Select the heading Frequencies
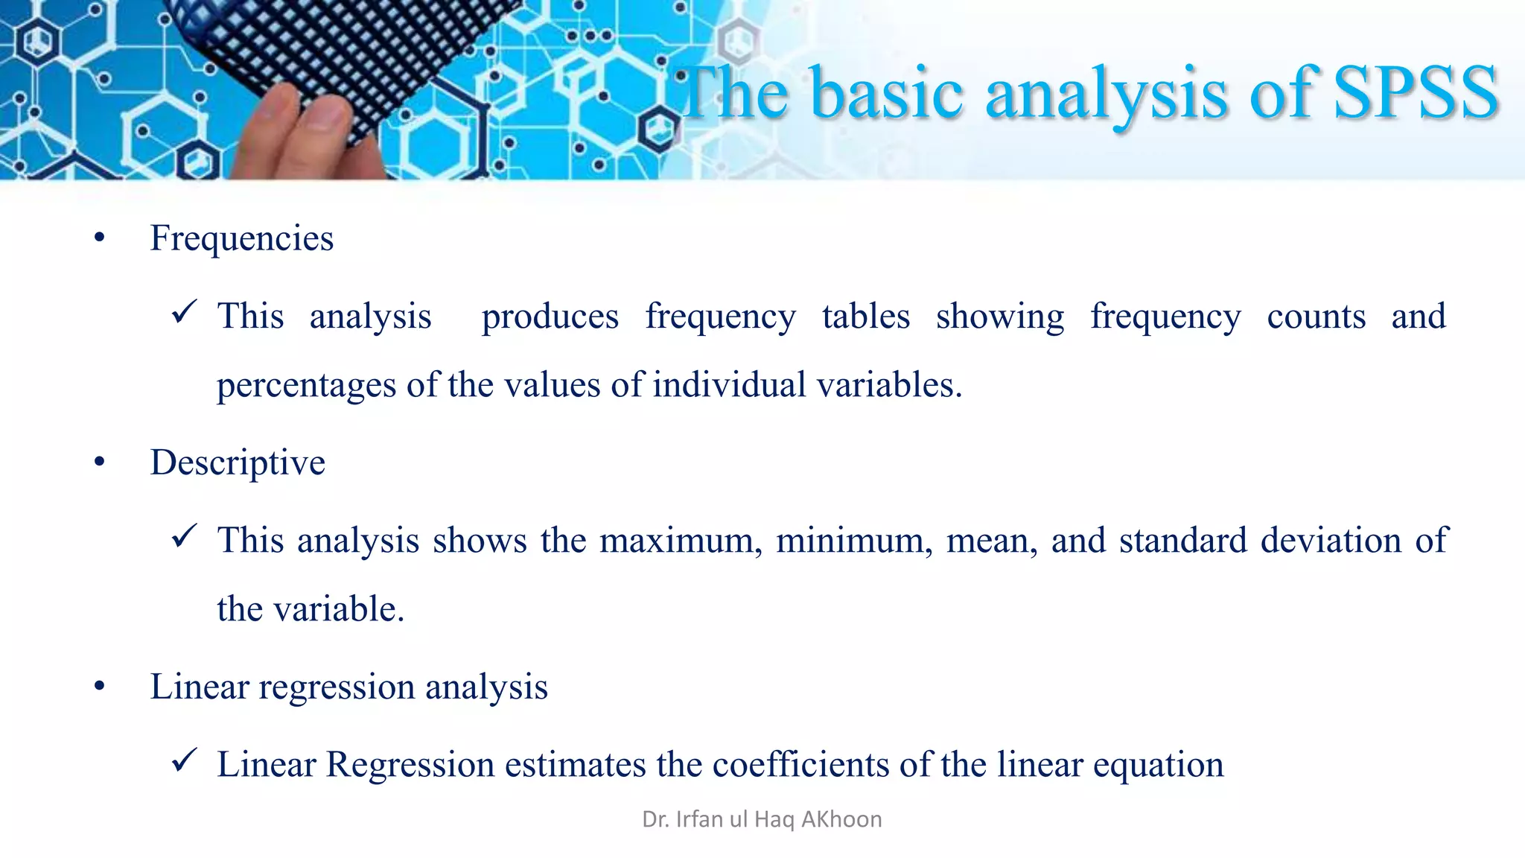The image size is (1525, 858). (241, 238)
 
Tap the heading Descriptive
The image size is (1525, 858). (238, 463)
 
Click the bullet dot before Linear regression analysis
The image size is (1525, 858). (100, 687)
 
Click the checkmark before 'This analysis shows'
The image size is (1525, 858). (184, 536)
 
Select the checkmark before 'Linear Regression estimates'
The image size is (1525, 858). (184, 760)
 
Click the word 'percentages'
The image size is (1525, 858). (306, 386)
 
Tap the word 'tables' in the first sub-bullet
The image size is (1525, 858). (865, 317)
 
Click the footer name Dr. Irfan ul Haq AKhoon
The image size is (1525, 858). (762, 819)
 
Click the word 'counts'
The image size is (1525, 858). (1316, 317)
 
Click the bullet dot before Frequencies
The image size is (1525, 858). (100, 238)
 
